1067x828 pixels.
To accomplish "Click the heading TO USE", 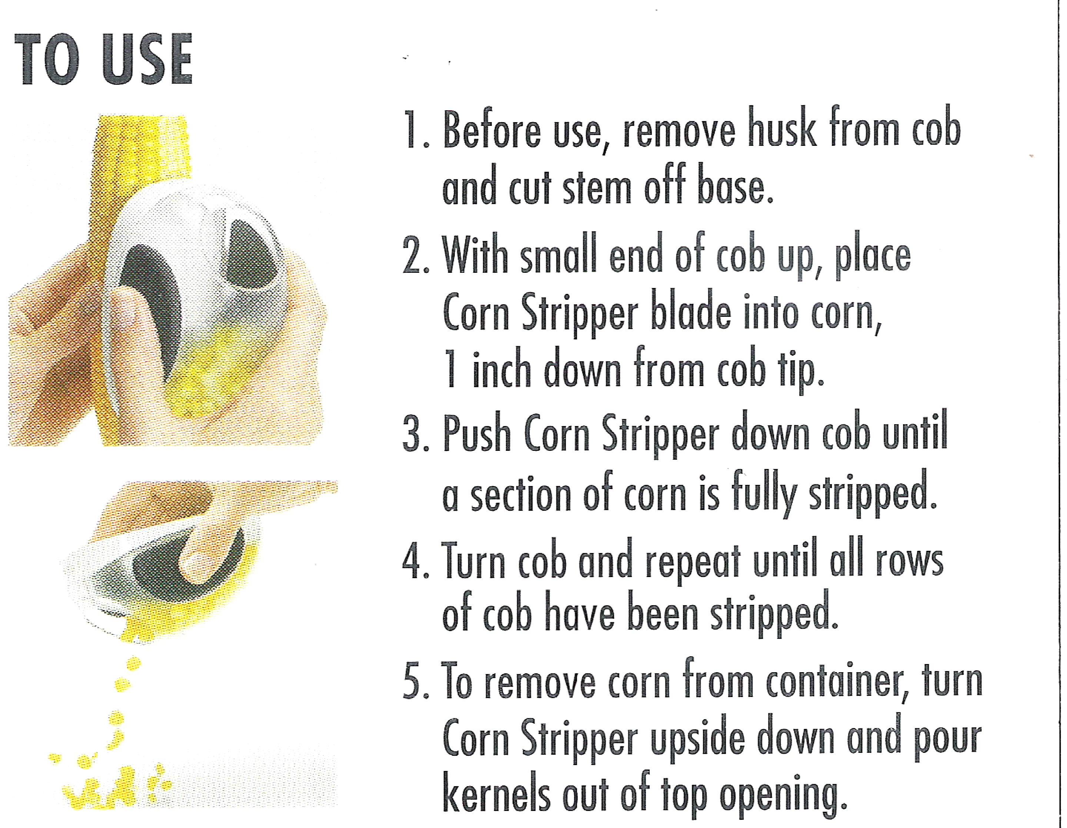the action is click(x=104, y=60).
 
